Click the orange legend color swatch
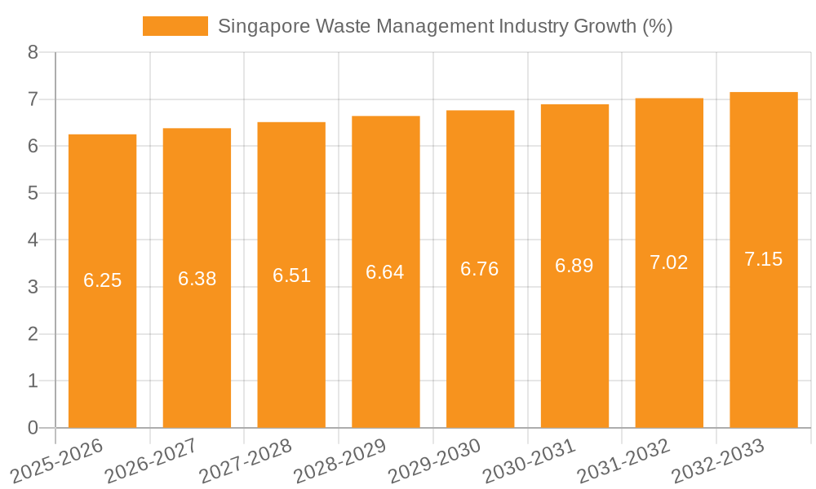point(175,26)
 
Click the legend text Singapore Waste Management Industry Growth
point(445,26)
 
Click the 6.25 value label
point(102,280)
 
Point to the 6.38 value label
point(197,279)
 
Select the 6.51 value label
point(291,275)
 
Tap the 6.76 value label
point(480,269)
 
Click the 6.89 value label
point(574,266)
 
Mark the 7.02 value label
point(669,262)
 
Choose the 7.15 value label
point(764,259)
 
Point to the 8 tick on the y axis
point(33,52)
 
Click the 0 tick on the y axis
point(33,428)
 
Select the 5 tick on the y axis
point(33,193)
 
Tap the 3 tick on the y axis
point(33,287)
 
